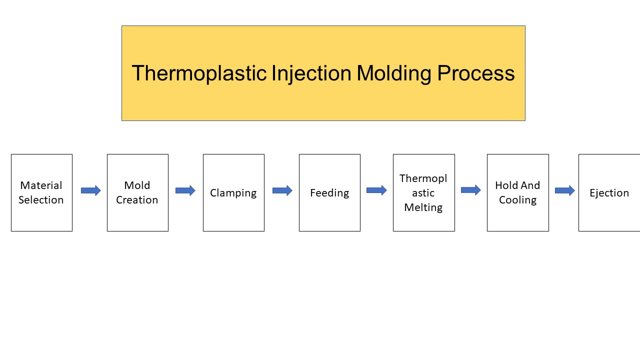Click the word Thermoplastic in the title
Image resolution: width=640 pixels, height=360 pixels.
[x=199, y=73]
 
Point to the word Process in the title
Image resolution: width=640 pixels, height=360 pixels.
[x=475, y=73]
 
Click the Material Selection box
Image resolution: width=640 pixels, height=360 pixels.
[x=41, y=192]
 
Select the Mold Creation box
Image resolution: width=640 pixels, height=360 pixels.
[x=137, y=192]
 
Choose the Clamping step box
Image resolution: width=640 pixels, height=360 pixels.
[x=233, y=192]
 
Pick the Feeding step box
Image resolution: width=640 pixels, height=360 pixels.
[x=329, y=192]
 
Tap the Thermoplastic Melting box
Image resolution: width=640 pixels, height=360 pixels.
[x=423, y=192]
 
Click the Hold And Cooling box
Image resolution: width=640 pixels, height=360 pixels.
[x=517, y=192]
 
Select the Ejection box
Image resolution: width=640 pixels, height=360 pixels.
[x=609, y=192]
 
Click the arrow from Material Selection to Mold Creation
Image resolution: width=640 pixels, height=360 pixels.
[x=90, y=190]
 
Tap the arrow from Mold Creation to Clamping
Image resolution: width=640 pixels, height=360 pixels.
[x=185, y=190]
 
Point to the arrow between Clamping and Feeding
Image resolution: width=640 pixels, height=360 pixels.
[x=282, y=190]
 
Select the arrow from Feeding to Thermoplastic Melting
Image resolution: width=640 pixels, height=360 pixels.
[x=376, y=190]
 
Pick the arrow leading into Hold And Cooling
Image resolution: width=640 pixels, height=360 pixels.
[x=470, y=190]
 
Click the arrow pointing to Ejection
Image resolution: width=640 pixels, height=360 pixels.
[x=564, y=190]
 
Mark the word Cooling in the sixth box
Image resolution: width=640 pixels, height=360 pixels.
[x=517, y=200]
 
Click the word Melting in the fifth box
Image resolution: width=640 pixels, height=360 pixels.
[x=423, y=207]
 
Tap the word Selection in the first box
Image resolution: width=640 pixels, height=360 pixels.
[x=41, y=200]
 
